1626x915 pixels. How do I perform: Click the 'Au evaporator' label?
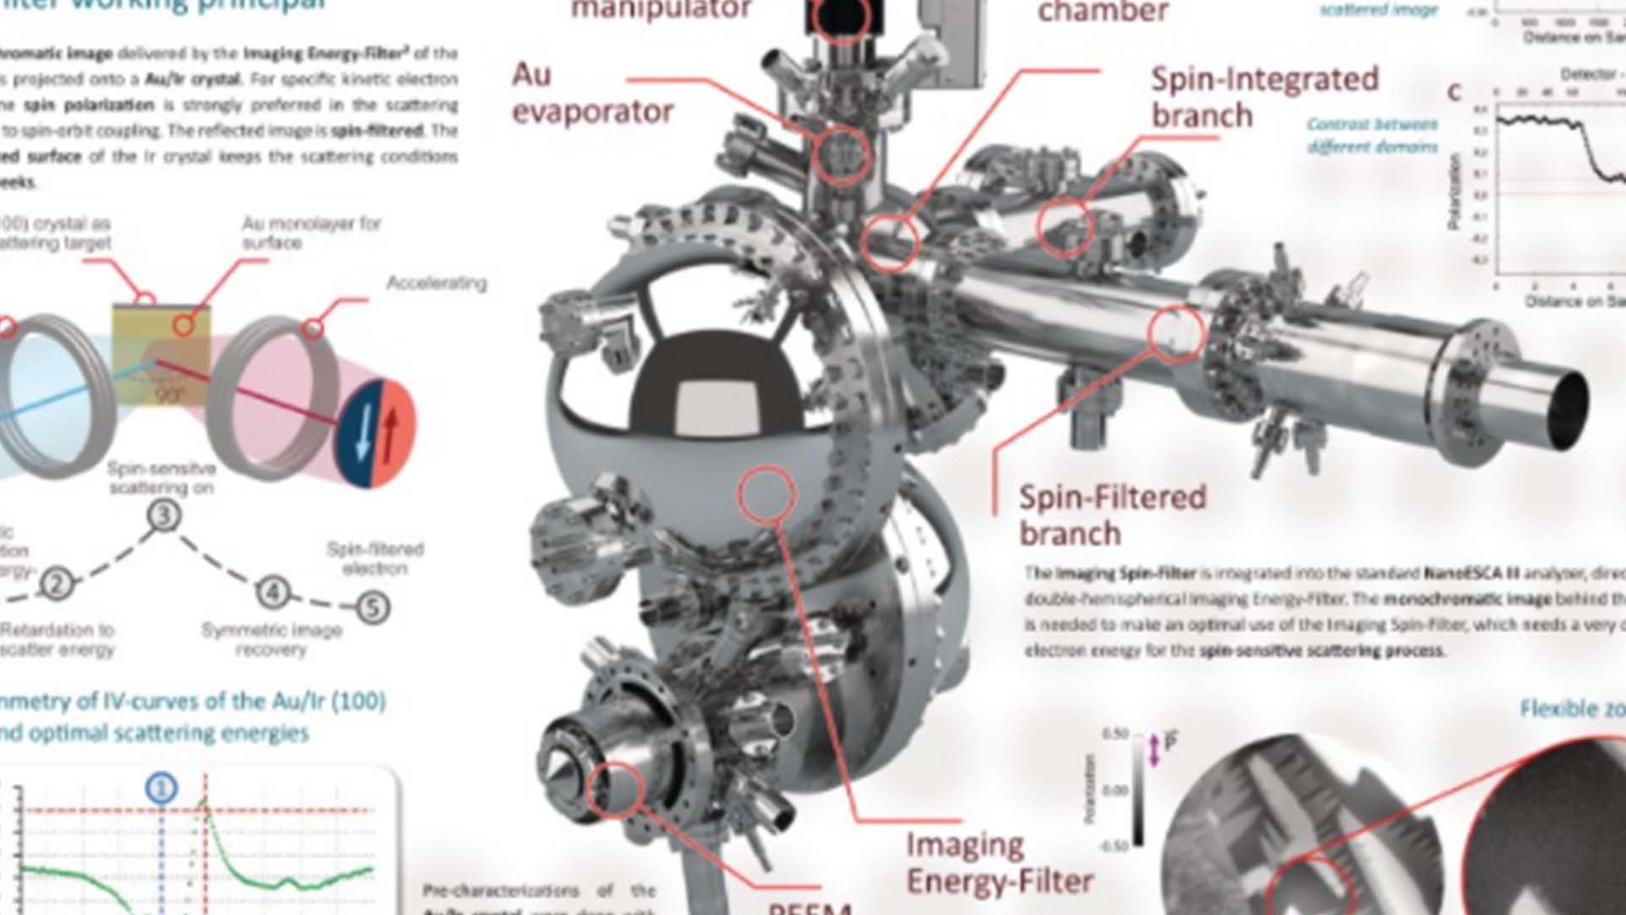pos(592,93)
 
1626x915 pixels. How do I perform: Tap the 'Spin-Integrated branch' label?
pos(1264,97)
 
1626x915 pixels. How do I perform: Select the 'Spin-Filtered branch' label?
pos(1112,514)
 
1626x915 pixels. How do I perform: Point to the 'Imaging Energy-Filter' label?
pos(999,862)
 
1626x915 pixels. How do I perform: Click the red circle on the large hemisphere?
pos(766,493)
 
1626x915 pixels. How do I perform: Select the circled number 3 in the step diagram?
pos(164,515)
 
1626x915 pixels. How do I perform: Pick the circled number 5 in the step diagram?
pos(373,607)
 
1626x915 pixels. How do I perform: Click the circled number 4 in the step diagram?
pos(273,592)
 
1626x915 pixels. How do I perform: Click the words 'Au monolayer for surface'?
pos(311,233)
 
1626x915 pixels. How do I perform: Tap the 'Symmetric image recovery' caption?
pos(271,640)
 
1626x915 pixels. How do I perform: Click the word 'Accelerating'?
pos(436,283)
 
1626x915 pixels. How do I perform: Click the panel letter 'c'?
pos(1454,91)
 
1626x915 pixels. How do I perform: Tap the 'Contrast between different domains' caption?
pos(1372,136)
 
